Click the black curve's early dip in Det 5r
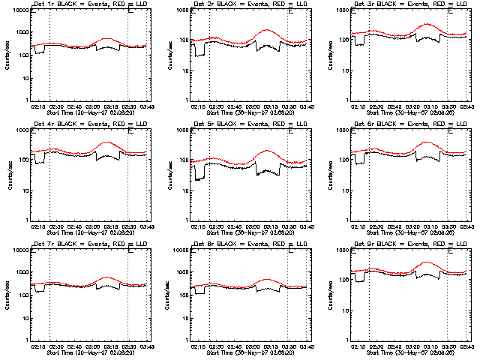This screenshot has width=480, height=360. (x=199, y=179)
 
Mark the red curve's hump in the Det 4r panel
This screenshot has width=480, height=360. (x=106, y=142)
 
